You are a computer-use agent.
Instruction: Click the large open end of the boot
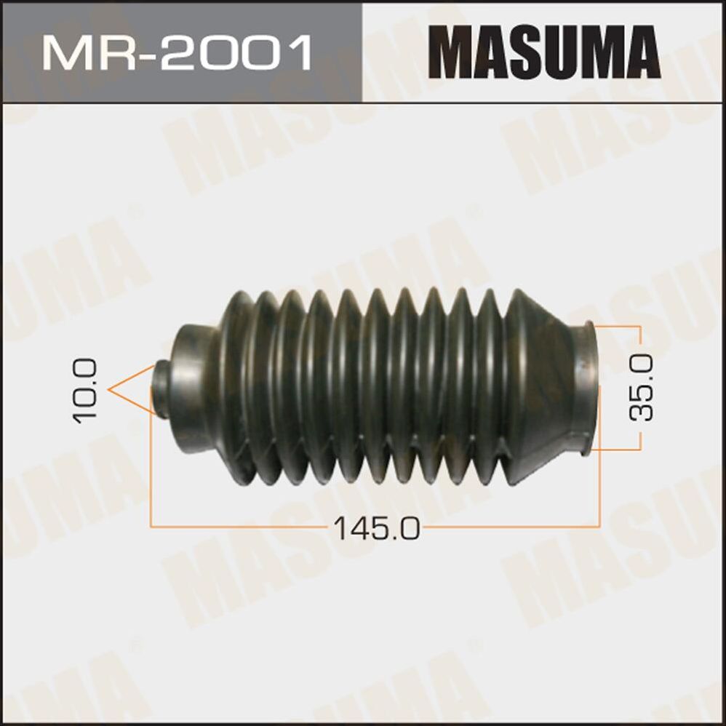coord(586,389)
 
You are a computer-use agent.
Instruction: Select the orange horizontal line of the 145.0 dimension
coord(255,523)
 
